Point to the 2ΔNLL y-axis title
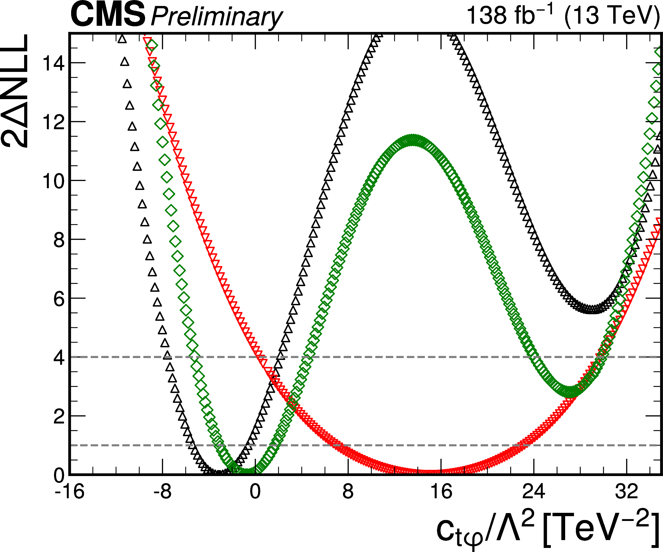(15, 91)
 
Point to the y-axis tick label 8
(59, 240)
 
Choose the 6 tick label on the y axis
(59, 299)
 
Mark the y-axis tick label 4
(59, 358)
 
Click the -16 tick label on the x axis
(69, 492)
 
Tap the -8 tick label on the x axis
(162, 492)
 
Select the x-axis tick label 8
(348, 492)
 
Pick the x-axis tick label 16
(441, 492)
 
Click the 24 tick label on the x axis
(534, 492)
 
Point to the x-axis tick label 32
(626, 492)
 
